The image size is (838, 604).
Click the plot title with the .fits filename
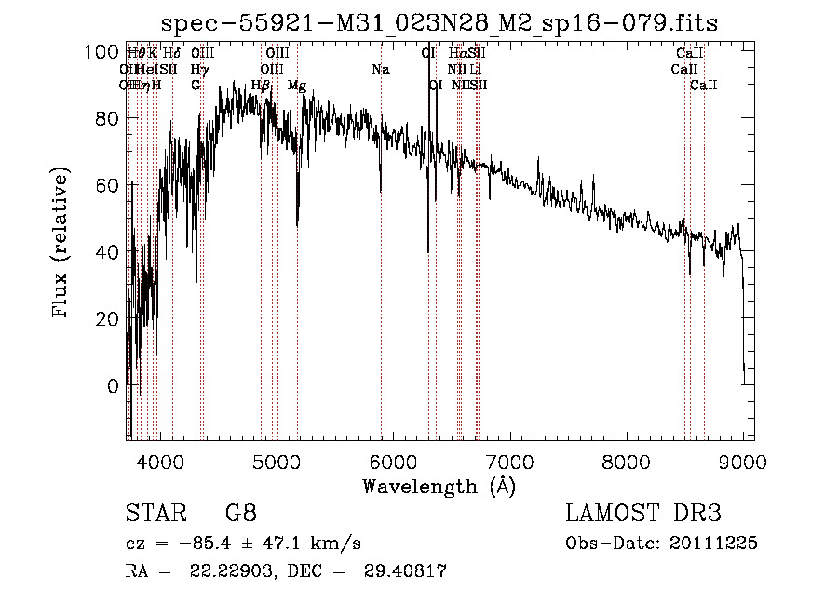(x=439, y=22)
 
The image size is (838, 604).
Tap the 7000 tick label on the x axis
(x=510, y=459)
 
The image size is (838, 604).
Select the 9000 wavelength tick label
(x=743, y=459)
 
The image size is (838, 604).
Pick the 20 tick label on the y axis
(x=108, y=319)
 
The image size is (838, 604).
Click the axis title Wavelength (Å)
(x=439, y=486)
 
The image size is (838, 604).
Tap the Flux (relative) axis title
(x=62, y=245)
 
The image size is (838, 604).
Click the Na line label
(x=380, y=70)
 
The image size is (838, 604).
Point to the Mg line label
(x=297, y=86)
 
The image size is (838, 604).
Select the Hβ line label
(x=261, y=86)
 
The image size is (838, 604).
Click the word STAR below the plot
(x=155, y=514)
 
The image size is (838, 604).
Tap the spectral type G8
(x=240, y=514)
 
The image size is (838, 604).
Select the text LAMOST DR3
(x=643, y=514)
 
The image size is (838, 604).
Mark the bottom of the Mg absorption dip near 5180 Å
(x=297, y=224)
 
